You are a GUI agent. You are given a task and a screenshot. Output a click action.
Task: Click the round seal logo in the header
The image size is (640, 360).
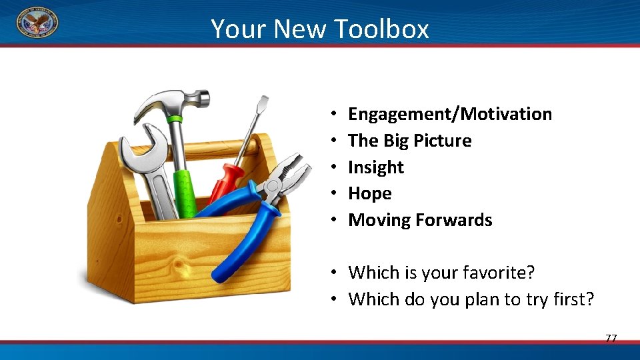tap(37, 23)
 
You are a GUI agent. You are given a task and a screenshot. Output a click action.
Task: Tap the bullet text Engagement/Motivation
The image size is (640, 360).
tap(450, 114)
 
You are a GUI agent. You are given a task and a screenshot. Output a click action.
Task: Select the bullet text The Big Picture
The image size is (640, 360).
tap(409, 141)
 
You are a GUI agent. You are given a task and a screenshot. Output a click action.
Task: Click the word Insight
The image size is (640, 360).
tap(376, 167)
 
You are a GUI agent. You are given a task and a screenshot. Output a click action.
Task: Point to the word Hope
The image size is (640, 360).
tap(369, 193)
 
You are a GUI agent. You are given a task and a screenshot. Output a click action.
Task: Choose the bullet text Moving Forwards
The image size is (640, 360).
tap(420, 220)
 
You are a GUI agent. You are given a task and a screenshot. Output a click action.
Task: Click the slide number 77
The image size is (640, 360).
tap(611, 338)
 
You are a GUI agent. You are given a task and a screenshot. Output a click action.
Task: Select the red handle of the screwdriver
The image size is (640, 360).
tap(225, 181)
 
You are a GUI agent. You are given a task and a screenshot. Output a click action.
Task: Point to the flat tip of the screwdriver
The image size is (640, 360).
tap(263, 104)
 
